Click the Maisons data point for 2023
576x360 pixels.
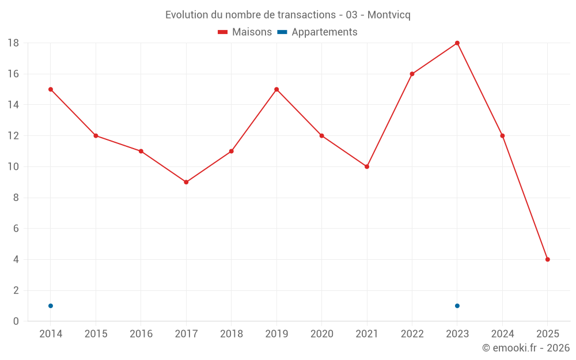[x=457, y=43]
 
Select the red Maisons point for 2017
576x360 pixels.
[x=186, y=182]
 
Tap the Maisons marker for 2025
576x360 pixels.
[x=547, y=259]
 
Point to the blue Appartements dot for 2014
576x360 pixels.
[x=51, y=306]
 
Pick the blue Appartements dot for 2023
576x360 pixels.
[x=457, y=306]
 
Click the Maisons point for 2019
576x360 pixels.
[x=276, y=89]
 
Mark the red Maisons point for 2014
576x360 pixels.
[x=51, y=89]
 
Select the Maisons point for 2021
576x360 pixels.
[x=367, y=166]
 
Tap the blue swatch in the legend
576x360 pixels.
[x=282, y=32]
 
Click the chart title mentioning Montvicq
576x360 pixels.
[x=288, y=15]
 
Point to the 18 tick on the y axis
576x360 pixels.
[x=13, y=43]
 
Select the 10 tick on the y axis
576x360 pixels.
[x=13, y=166]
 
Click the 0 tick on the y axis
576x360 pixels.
[x=16, y=321]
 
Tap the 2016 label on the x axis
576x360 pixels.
[x=141, y=334]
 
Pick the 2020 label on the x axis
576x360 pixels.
[x=321, y=334]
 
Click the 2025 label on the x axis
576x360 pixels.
[x=547, y=334]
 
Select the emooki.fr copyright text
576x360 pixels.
[x=525, y=348]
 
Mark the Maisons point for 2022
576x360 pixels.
[x=412, y=74]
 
